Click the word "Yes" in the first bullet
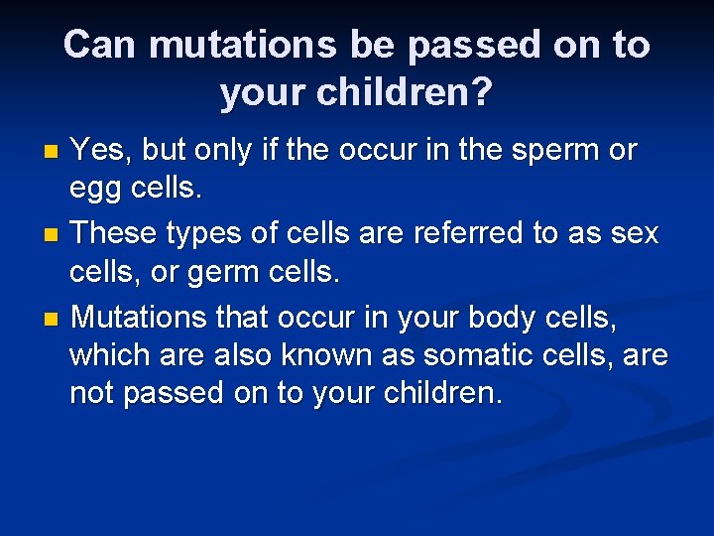100,150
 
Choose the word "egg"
93,190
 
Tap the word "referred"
468,233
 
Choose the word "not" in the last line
93,394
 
